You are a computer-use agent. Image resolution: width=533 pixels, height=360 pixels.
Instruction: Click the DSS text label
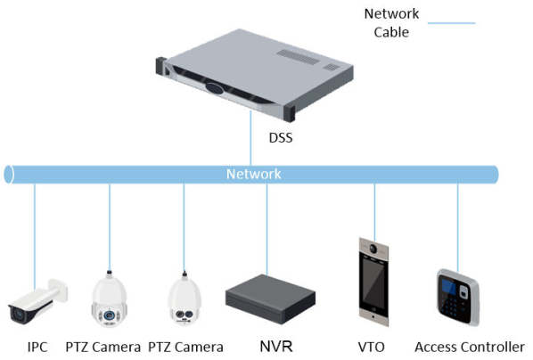pos(281,138)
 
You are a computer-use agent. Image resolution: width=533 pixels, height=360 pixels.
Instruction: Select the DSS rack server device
pos(254,75)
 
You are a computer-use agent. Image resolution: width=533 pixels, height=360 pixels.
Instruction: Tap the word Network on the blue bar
pos(254,174)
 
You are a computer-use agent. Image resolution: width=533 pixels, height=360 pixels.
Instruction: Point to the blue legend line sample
pos(451,23)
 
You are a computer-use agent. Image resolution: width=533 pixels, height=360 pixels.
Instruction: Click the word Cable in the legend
pos(391,32)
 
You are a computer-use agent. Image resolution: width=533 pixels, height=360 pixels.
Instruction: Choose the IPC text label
pos(37,348)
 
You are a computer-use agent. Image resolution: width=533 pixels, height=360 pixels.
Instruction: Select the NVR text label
pos(276,347)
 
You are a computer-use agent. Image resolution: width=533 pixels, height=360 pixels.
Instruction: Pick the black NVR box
pos(270,299)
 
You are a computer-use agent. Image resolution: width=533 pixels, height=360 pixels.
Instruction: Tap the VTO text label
pos(371,348)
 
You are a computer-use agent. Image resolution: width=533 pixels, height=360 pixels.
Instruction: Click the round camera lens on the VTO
pos(373,249)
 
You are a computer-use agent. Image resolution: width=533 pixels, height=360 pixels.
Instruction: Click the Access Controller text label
pos(470,348)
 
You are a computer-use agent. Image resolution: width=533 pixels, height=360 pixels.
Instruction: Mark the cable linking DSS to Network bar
pos(250,138)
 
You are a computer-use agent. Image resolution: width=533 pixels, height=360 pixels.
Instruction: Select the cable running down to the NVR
pos(266,229)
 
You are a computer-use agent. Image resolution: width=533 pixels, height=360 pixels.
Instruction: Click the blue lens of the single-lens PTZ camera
pos(109,315)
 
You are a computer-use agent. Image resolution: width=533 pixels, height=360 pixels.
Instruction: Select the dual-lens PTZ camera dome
pos(184,299)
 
